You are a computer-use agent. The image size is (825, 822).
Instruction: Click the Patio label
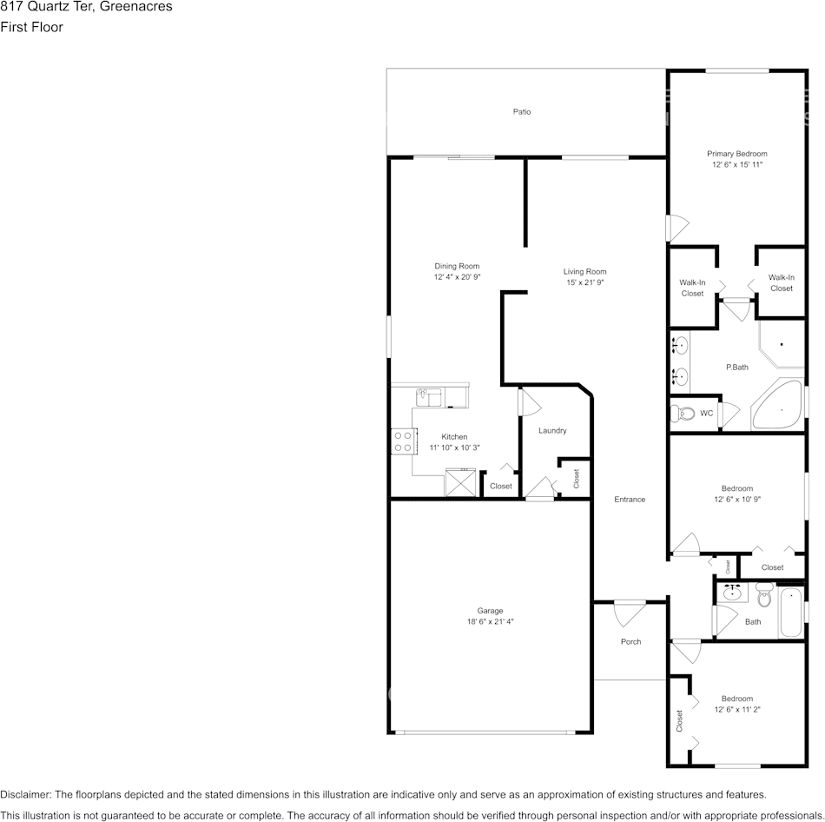point(521,112)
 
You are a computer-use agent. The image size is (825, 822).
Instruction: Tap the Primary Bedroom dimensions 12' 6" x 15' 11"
point(737,164)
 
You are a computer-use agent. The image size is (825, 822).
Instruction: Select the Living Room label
point(584,271)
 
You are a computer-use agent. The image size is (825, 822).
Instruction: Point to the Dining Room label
point(457,266)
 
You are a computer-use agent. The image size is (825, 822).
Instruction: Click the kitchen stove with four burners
point(402,441)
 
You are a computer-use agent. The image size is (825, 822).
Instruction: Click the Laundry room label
point(552,430)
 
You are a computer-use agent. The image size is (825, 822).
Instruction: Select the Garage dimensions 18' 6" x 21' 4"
point(490,621)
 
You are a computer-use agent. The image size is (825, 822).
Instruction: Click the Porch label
point(630,641)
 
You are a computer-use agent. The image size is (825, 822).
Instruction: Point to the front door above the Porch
point(630,612)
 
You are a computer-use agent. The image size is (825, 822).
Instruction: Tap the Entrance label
point(630,499)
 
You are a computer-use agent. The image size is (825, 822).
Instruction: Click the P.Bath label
point(736,367)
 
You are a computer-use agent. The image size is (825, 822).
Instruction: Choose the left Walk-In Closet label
point(692,288)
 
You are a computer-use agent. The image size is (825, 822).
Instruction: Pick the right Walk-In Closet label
point(781,282)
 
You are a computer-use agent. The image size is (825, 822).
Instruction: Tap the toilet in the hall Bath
point(764,597)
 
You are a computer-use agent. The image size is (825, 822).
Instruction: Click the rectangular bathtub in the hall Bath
point(791,613)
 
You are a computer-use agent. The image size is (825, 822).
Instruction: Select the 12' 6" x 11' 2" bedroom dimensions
point(737,709)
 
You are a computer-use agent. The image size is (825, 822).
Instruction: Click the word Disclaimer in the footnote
point(25,794)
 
